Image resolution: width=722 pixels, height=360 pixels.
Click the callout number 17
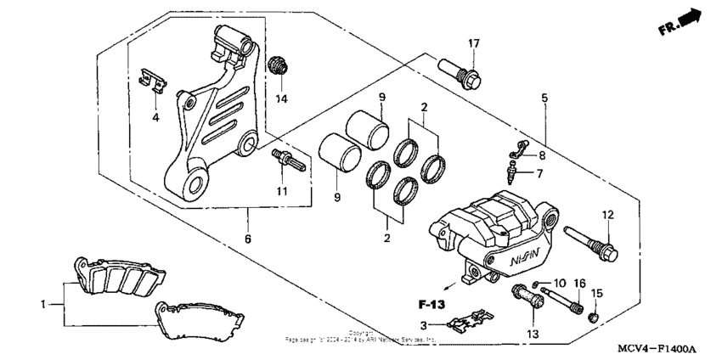pos(473,44)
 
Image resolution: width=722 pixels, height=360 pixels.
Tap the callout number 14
pos(282,99)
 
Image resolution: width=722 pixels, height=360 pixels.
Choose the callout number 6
pos(248,240)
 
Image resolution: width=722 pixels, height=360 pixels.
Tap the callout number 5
pos(544,98)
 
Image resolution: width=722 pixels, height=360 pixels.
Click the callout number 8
pos(541,156)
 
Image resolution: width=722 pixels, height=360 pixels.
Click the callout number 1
pos(45,302)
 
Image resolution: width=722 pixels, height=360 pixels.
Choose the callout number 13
pos(533,335)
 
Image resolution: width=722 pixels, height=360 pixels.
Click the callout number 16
pos(581,283)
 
